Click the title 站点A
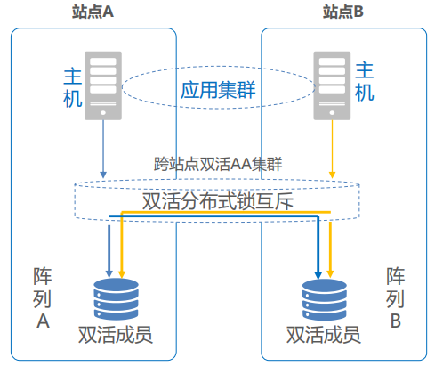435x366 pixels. pos(93,12)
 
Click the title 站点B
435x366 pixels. pos(343,12)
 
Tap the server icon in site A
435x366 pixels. pos(103,85)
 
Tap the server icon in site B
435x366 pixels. pos(332,85)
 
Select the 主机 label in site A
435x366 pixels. pos(73,88)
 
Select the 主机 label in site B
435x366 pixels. pos(365,81)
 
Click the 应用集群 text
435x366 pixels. pos(218,90)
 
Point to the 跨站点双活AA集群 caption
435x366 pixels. pos(218,164)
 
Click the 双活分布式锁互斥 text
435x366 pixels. pos(218,201)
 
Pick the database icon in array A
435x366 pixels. pos(116,299)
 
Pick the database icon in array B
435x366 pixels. pos(325,300)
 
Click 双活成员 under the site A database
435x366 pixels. pos(116,335)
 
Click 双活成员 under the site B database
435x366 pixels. pos(324,335)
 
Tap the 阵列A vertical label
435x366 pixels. pos(43,298)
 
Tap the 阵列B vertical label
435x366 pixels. pos(395,298)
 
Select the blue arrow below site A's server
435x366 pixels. pos(103,149)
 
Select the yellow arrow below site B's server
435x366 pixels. pos(332,149)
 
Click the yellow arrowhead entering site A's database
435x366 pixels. pos(121,274)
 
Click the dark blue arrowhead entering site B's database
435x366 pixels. pos(318,275)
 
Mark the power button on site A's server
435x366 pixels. pos(103,113)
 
